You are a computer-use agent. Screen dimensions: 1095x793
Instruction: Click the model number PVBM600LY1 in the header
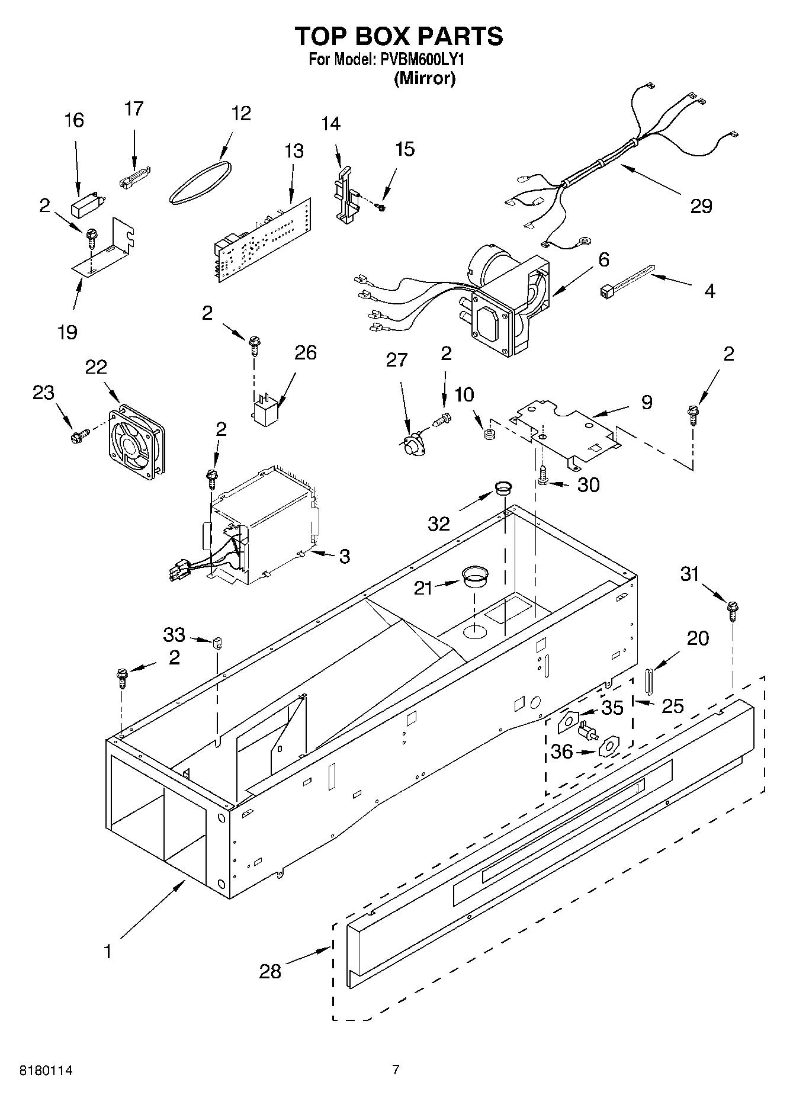pos(423,60)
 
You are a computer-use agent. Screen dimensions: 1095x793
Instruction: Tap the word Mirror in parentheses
pos(425,79)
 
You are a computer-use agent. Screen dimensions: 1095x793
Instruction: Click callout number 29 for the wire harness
pos(701,206)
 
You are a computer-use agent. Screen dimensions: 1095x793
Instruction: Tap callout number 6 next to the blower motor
pos(603,259)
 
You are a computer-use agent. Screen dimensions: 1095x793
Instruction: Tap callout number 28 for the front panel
pos(270,971)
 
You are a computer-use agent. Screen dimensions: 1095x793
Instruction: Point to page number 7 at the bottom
pos(396,1070)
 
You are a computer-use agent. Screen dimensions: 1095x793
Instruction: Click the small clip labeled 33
pos(217,642)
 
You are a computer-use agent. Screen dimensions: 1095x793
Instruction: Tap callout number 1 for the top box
pos(107,952)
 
